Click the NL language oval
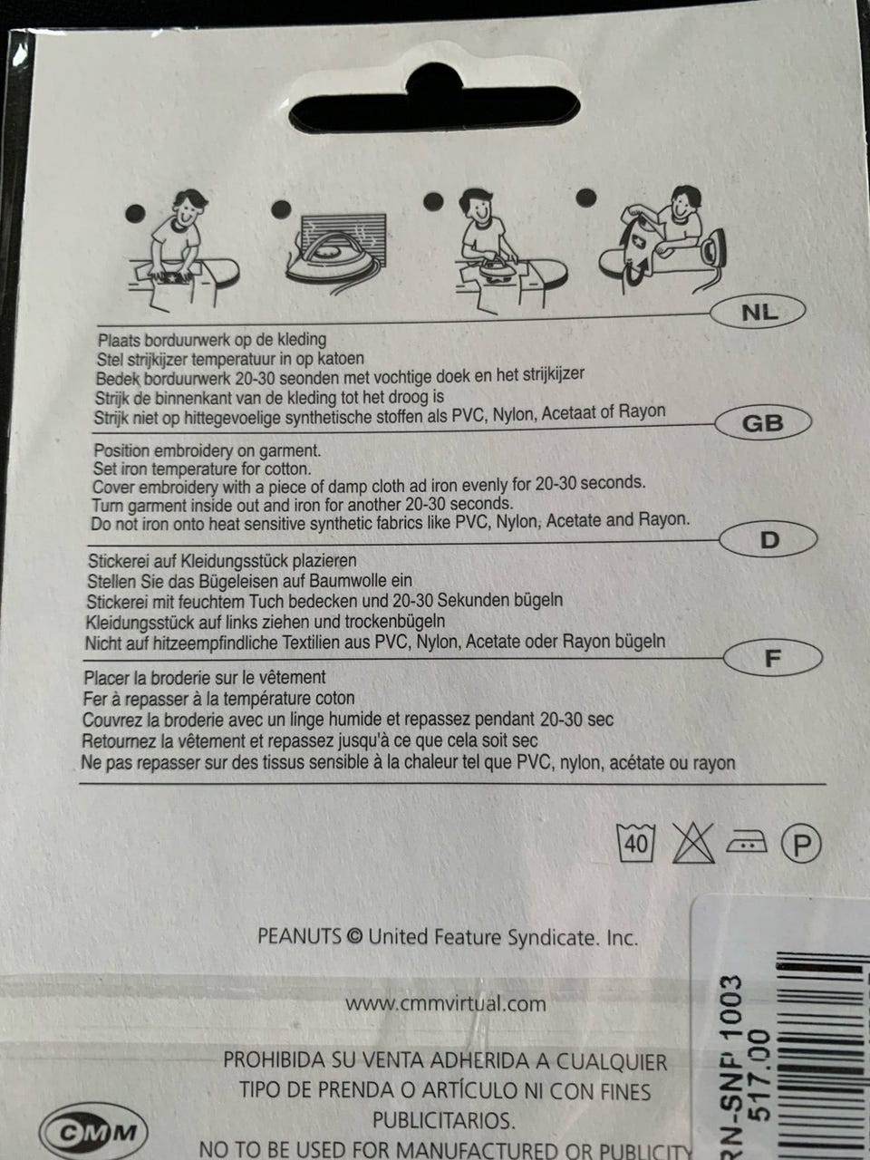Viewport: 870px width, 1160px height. tap(758, 312)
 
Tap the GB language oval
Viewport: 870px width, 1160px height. tap(763, 423)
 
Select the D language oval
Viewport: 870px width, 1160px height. tap(768, 539)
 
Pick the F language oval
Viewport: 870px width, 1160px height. tap(772, 658)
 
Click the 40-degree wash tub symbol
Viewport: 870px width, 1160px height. tap(636, 844)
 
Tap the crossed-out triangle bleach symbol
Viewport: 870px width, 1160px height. tap(693, 844)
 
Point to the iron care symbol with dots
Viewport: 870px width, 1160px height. tap(747, 841)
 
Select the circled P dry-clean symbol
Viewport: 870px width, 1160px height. tap(801, 844)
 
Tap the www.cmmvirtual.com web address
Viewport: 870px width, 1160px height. tap(446, 1003)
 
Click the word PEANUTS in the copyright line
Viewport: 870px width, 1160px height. tap(299, 936)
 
